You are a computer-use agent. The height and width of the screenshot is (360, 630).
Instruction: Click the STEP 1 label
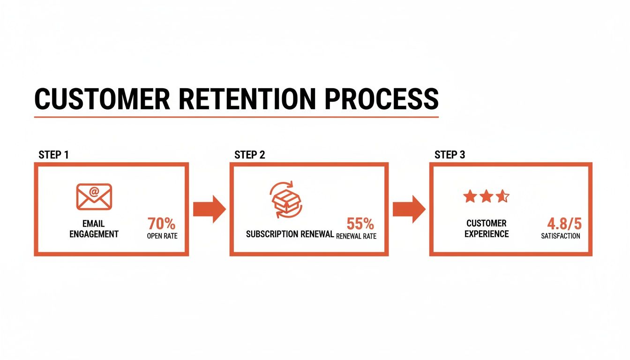point(53,155)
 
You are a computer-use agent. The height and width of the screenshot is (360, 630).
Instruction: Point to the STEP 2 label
point(249,155)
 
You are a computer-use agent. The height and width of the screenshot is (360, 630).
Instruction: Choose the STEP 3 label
point(450,155)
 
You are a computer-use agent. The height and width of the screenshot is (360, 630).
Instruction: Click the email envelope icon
point(94,196)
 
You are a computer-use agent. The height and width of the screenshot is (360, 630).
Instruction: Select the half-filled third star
point(502,196)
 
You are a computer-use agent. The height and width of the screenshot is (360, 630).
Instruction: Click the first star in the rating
point(470,196)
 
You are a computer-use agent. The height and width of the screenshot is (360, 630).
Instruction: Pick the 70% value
point(162,224)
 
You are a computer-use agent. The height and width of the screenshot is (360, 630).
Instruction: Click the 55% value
point(360,224)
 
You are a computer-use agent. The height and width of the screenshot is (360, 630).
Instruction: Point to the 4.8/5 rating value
point(564,224)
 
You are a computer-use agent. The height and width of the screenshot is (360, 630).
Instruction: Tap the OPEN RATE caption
point(162,236)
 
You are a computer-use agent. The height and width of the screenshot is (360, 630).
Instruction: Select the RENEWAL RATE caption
point(356,236)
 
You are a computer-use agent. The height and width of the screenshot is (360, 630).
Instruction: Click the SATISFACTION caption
point(561,236)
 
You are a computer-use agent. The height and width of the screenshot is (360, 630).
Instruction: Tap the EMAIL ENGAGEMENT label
point(94,229)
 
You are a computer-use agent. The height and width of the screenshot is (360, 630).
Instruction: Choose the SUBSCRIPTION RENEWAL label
point(290,234)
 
